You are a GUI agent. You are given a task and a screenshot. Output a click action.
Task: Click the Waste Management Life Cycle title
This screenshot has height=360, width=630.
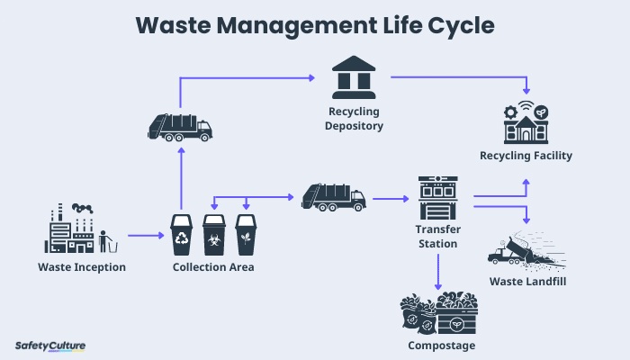pyautogui.click(x=315, y=24)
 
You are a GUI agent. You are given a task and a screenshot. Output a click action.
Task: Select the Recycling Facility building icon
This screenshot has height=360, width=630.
pyautogui.click(x=526, y=123)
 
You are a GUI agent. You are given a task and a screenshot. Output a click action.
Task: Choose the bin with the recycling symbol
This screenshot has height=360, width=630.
pyautogui.click(x=183, y=235)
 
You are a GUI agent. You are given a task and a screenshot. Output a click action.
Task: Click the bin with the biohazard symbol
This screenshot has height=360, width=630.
pyautogui.click(x=214, y=235)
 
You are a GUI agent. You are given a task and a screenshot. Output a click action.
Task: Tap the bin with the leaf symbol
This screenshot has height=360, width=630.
pyautogui.click(x=246, y=235)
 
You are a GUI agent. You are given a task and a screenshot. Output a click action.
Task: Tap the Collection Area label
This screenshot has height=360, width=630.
pyautogui.click(x=212, y=267)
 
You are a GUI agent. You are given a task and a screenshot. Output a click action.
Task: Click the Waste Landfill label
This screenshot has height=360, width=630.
pyautogui.click(x=527, y=282)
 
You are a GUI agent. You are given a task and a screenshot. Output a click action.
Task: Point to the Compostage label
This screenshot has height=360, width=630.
pyautogui.click(x=438, y=345)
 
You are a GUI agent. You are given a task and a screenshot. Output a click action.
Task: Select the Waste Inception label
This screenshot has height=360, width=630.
pyautogui.click(x=82, y=267)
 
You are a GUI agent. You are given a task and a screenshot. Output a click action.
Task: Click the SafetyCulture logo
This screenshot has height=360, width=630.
pyautogui.click(x=50, y=345)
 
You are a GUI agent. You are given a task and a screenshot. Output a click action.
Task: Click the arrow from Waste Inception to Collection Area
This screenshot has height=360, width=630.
pyautogui.click(x=147, y=236)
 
